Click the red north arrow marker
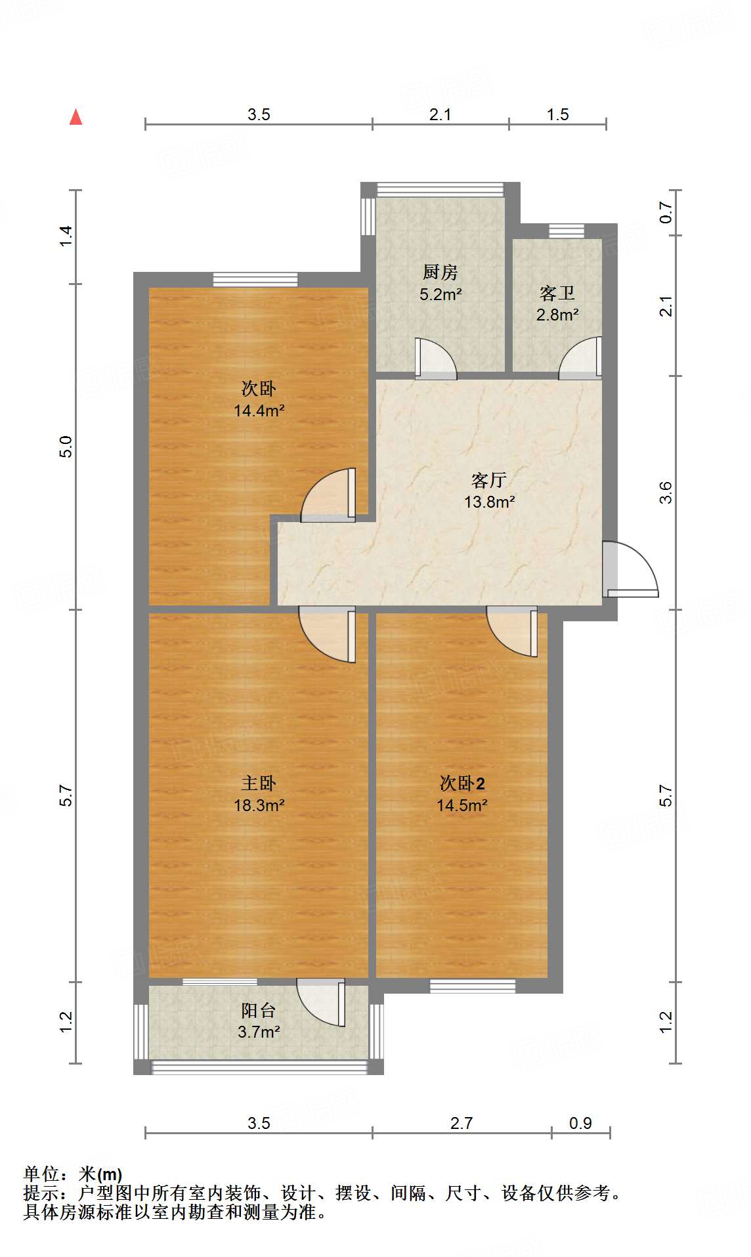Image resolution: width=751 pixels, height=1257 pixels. tap(76, 117)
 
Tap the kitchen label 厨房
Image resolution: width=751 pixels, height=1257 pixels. tap(440, 272)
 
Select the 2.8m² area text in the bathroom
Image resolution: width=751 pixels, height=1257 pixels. tap(557, 315)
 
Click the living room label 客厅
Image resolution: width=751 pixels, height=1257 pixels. tap(488, 480)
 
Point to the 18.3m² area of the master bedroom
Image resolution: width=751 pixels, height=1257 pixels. tap(259, 805)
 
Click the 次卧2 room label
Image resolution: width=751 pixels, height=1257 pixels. tap(461, 783)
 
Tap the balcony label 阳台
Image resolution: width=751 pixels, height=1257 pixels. tap(258, 1010)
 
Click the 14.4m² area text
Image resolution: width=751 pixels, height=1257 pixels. tap(259, 411)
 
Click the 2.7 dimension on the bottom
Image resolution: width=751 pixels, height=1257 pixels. tap(461, 1123)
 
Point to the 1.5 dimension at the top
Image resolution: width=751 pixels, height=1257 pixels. tap(557, 114)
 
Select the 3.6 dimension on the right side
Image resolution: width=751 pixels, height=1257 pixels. tap(666, 492)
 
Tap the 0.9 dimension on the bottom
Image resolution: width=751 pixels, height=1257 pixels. tap(580, 1123)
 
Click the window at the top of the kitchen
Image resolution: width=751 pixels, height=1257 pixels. tap(440, 190)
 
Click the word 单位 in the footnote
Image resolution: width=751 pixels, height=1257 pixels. tap(41, 1174)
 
